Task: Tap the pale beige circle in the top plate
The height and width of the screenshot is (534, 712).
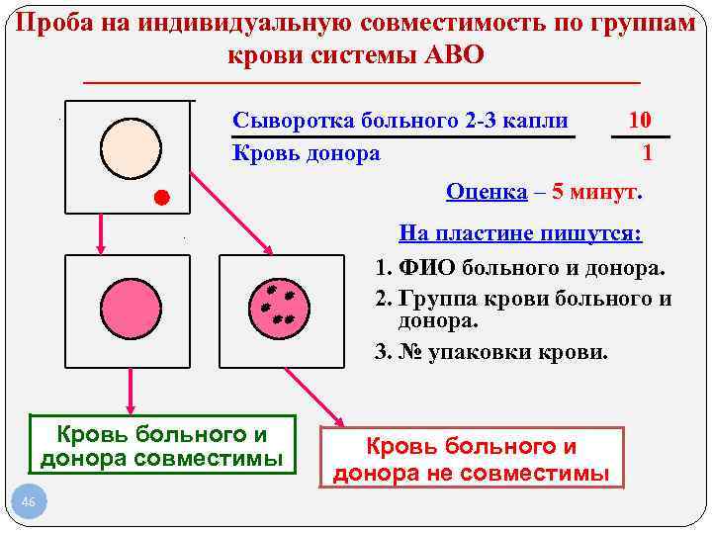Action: (x=130, y=147)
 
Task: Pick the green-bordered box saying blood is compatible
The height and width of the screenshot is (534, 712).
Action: (x=161, y=446)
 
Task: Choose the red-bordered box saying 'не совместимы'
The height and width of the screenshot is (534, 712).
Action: (x=471, y=460)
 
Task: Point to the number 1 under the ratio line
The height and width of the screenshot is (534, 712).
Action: (x=647, y=153)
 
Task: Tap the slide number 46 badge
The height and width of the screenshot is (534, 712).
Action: (x=28, y=504)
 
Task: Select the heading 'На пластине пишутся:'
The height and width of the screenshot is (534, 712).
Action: (x=520, y=233)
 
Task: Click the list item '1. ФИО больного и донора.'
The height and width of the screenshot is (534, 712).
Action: (x=520, y=268)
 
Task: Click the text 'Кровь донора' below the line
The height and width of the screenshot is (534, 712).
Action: (x=306, y=152)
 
